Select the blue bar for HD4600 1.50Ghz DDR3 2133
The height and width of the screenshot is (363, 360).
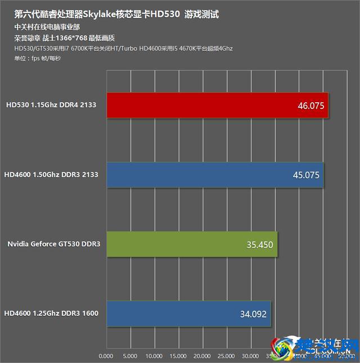pyautogui.click(x=214, y=175)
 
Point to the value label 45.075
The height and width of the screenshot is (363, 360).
pyautogui.click(x=306, y=175)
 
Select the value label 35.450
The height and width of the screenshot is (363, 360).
pyautogui.click(x=259, y=244)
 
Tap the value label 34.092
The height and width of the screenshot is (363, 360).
pyautogui.click(x=253, y=314)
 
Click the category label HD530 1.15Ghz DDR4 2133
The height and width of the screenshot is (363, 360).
pyautogui.click(x=51, y=105)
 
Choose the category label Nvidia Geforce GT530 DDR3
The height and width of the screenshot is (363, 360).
pyautogui.click(x=53, y=244)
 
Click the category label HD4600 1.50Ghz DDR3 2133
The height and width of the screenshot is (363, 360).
pyautogui.click(x=51, y=175)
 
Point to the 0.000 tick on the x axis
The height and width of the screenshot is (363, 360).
pyautogui.click(x=106, y=356)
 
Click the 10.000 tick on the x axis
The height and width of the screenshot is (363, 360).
pyautogui.click(x=154, y=356)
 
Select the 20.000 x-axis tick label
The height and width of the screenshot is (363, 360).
pyautogui.click(x=202, y=356)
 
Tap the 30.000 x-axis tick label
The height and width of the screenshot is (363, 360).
pyautogui.click(x=251, y=356)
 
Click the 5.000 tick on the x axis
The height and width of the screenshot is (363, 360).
pyautogui.click(x=130, y=356)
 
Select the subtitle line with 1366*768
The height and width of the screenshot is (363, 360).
pyautogui.click(x=65, y=38)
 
